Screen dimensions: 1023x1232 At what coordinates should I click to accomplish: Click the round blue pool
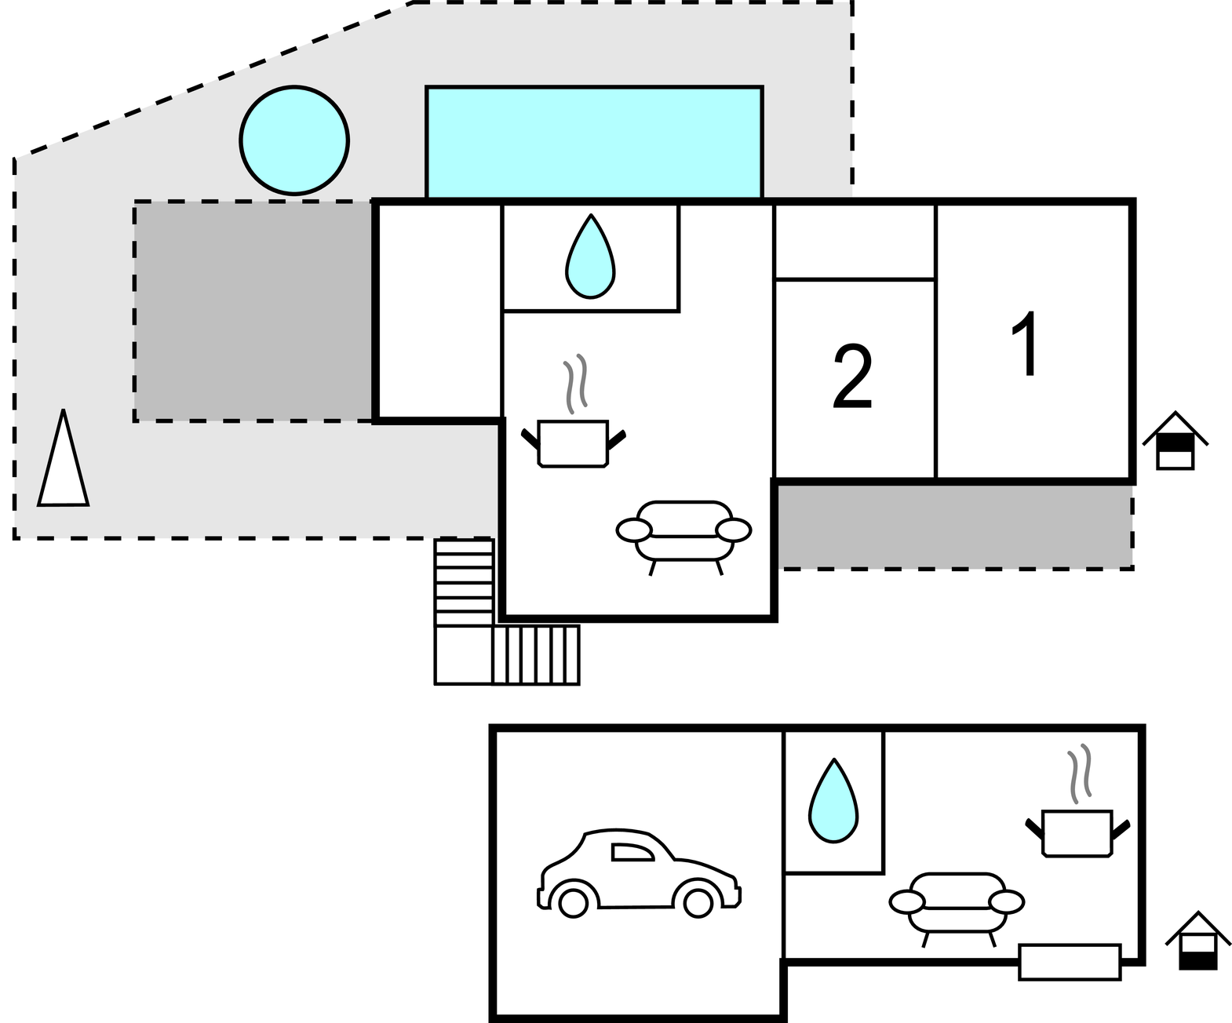click(293, 140)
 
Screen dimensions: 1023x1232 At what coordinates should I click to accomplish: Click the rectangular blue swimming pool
click(593, 141)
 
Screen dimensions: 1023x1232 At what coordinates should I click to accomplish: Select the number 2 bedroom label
click(852, 377)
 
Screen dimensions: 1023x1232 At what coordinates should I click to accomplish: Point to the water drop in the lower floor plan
click(833, 802)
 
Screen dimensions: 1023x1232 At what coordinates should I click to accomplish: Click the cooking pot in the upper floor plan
click(574, 444)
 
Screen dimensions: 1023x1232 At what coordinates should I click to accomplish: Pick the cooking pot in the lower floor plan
click(1077, 832)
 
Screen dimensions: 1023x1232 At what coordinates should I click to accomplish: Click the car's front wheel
click(698, 903)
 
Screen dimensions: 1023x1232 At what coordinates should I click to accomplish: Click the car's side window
click(631, 852)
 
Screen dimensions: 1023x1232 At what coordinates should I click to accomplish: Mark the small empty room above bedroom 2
click(855, 241)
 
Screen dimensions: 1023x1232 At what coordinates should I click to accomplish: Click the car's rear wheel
click(573, 903)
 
